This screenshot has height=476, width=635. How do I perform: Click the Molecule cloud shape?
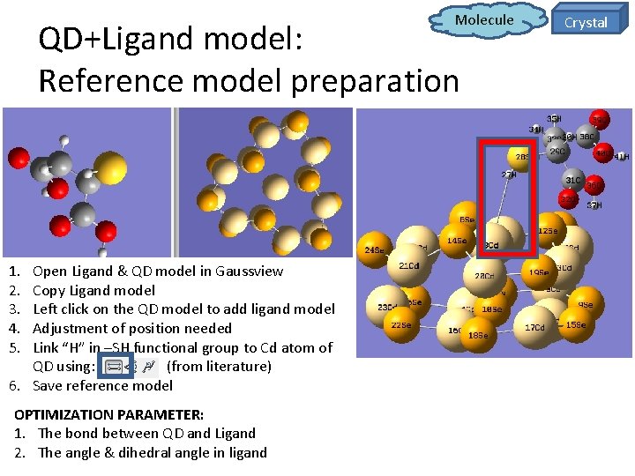coord(483,20)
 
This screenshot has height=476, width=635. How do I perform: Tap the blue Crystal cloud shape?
coord(586,22)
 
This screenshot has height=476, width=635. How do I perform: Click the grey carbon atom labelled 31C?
coord(573,182)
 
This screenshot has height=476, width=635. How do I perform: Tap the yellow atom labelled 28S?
coord(522,159)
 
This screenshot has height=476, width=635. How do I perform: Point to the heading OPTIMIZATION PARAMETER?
coord(108,413)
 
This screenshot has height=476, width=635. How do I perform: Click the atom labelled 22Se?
coord(401,326)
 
